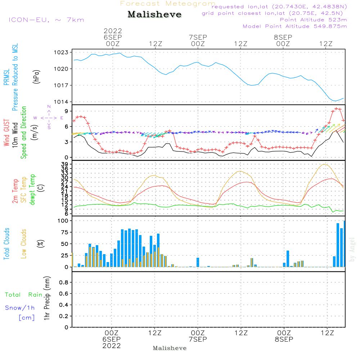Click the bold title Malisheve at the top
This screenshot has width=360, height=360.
pyautogui.click(x=154, y=15)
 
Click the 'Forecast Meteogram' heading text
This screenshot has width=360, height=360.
pyautogui.click(x=168, y=4)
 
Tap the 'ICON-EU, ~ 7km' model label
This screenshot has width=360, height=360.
pyautogui.click(x=46, y=20)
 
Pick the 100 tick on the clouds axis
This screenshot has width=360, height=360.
pyautogui.click(x=64, y=221)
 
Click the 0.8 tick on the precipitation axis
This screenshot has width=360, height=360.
pyautogui.click(x=64, y=283)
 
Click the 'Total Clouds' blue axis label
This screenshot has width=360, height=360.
pyautogui.click(x=6, y=244)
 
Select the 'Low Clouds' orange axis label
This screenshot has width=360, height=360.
pyautogui.click(x=24, y=244)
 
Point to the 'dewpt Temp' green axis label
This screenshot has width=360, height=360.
pyautogui.click(x=32, y=189)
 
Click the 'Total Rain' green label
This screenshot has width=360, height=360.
pyautogui.click(x=23, y=295)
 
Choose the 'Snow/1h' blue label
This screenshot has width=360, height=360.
pyautogui.click(x=20, y=308)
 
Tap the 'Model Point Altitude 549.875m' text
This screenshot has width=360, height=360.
pyautogui.click(x=295, y=26)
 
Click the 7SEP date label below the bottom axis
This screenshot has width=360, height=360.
pyautogui.click(x=198, y=339)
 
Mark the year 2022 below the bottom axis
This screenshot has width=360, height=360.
pyautogui.click(x=112, y=346)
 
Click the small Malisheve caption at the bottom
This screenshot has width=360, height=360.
pyautogui.click(x=170, y=348)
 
